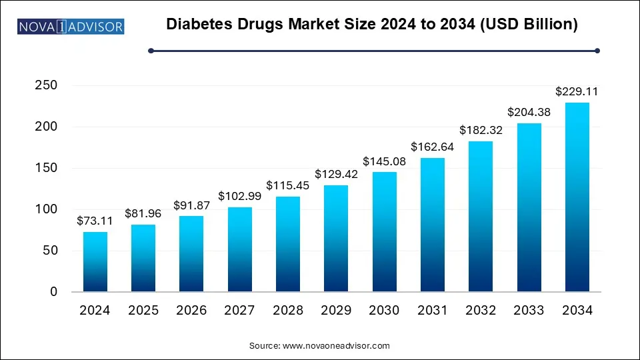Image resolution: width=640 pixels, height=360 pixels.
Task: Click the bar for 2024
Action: [x=95, y=261]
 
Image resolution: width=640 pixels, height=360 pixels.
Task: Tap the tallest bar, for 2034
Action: [x=577, y=197]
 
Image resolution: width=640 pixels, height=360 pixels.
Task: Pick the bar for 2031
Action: [x=433, y=225]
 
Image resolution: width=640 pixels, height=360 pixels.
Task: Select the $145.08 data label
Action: [x=384, y=162]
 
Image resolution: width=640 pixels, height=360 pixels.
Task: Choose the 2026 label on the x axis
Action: [x=192, y=311]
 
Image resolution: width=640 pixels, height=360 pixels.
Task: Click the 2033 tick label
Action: [x=529, y=311]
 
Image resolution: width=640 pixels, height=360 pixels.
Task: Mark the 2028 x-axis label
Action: [x=288, y=311]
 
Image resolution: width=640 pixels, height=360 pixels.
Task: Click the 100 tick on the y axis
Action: [x=44, y=209]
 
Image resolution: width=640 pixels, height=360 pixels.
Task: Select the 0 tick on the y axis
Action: [x=53, y=292]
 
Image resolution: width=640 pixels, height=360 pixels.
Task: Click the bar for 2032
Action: [x=481, y=216]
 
